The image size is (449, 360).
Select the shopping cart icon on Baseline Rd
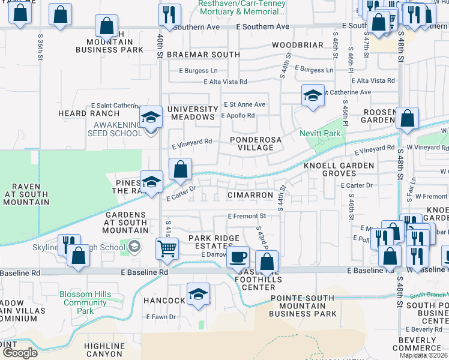click(167, 248)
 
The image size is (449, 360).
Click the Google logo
click(20, 353)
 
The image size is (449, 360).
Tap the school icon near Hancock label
click(198, 295)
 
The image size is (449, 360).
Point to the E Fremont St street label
click(247, 216)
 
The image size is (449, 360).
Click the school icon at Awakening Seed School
click(151, 118)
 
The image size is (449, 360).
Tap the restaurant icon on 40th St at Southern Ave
click(170, 14)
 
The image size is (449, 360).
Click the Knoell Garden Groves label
click(339, 169)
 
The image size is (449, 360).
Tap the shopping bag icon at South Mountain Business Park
click(106, 26)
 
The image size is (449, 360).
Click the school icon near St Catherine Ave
click(313, 96)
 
